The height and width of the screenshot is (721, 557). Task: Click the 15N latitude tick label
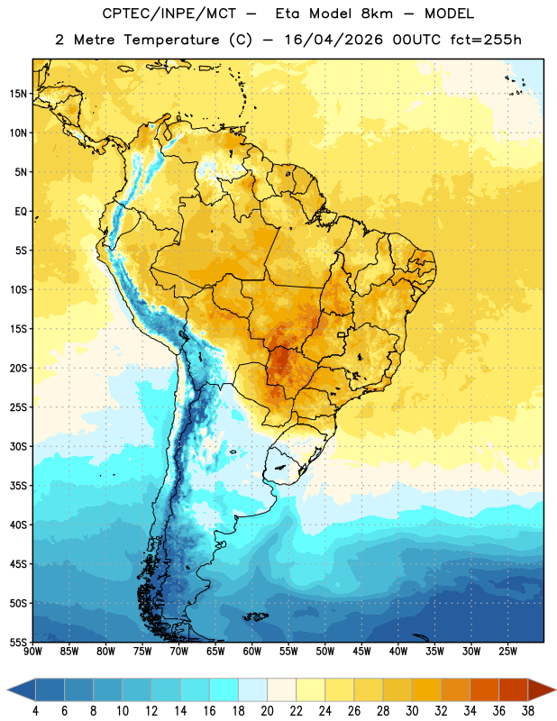(18, 94)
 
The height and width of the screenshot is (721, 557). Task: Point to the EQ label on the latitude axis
(21, 212)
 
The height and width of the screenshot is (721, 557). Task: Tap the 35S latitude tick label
(18, 486)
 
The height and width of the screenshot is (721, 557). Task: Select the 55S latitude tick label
(18, 642)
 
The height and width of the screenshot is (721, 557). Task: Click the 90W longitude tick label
(32, 652)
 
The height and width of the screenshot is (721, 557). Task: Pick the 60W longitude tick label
(252, 652)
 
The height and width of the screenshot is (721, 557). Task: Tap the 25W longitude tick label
(507, 652)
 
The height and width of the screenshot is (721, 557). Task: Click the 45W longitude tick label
(361, 652)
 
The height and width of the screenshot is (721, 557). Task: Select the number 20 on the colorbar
(267, 711)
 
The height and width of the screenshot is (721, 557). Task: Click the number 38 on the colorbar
(528, 711)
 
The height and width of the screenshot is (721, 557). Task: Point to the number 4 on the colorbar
(35, 711)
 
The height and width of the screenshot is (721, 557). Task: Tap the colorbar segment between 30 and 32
(426, 689)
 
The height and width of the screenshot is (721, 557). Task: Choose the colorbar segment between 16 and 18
(224, 689)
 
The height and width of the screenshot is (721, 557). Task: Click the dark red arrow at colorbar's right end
(541, 689)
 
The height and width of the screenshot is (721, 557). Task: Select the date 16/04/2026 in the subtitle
(333, 40)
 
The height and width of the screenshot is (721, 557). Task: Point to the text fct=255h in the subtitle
(486, 40)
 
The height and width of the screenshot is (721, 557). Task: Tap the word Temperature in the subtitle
(171, 40)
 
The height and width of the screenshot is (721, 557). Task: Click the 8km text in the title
(377, 14)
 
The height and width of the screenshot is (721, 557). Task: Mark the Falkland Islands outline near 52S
(255, 616)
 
